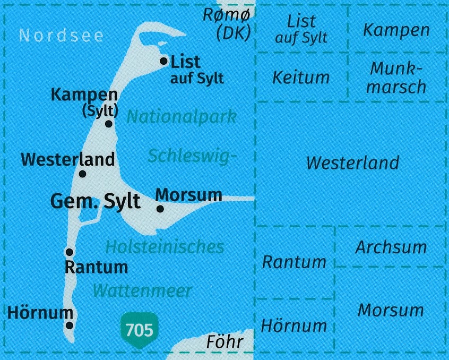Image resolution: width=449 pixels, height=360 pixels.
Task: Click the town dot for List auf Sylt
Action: [x=164, y=61]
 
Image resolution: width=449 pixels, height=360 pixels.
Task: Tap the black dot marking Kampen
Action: [x=109, y=124]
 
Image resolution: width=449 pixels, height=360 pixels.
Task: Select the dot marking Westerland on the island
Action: [x=83, y=174]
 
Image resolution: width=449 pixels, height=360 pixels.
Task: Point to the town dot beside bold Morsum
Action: [x=160, y=209]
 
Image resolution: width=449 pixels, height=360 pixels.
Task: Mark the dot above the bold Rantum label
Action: [x=69, y=252]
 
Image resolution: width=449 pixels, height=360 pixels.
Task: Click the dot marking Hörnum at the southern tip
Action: [x=70, y=326]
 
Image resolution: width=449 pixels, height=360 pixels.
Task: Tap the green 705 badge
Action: [x=140, y=330]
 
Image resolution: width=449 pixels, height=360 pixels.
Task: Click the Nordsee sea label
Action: [x=61, y=36]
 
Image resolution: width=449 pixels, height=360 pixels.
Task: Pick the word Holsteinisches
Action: [x=165, y=246]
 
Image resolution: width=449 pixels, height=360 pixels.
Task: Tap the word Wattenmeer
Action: [x=142, y=290]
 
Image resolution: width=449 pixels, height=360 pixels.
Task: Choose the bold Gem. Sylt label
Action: [x=96, y=201]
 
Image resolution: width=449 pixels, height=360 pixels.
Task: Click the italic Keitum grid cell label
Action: [x=301, y=78]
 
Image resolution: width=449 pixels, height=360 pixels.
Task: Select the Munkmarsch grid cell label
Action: [x=397, y=78]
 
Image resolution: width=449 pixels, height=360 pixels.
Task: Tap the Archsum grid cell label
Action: [x=391, y=247]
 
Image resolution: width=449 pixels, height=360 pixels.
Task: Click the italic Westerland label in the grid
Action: [x=352, y=162]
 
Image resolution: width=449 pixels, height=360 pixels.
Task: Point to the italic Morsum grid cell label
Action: [x=391, y=310]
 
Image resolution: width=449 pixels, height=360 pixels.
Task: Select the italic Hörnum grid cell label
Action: [x=293, y=325]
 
